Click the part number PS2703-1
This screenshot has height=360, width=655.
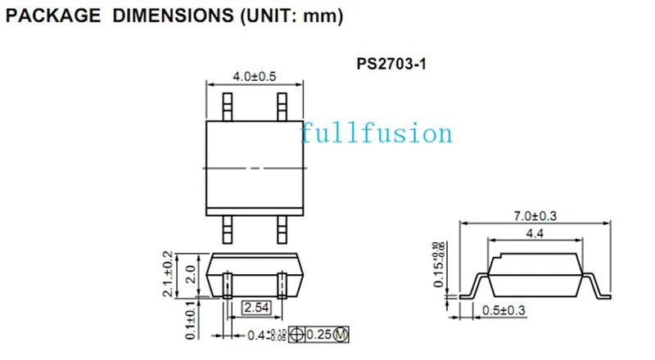coord(391,64)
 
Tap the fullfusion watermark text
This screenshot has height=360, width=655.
coord(376,133)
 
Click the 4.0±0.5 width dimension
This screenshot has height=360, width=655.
coord(255,77)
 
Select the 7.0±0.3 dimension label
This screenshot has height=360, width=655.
coord(535,216)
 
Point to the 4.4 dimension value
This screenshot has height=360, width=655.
coord(535,233)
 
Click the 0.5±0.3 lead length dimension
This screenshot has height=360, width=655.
coord(504,310)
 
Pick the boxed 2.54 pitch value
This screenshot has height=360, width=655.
coord(256,308)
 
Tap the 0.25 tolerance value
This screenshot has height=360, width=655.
coord(319,335)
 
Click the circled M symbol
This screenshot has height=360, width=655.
coord(341,335)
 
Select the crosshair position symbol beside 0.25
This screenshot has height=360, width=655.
coord(296,335)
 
